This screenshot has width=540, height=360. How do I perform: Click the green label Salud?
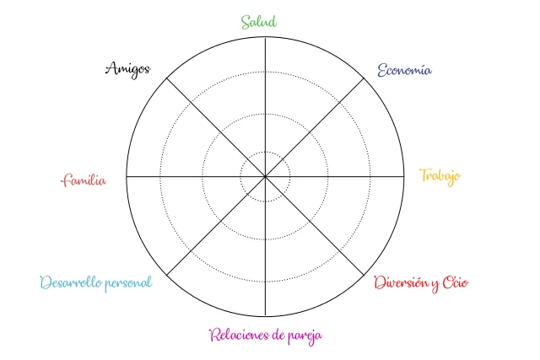(259, 21)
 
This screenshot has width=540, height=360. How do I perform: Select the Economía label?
(404, 70)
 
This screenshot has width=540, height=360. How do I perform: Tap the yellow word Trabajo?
(440, 176)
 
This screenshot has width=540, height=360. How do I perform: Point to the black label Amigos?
(127, 69)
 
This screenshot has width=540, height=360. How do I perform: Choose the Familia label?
(84, 180)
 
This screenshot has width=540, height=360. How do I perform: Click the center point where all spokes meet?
(265, 177)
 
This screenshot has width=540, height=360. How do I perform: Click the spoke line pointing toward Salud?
(265, 101)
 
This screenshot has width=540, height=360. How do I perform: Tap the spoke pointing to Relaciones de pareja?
(265, 253)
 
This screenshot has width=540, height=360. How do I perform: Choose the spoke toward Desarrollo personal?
(211, 231)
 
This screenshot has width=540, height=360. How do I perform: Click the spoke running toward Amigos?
(211, 123)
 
